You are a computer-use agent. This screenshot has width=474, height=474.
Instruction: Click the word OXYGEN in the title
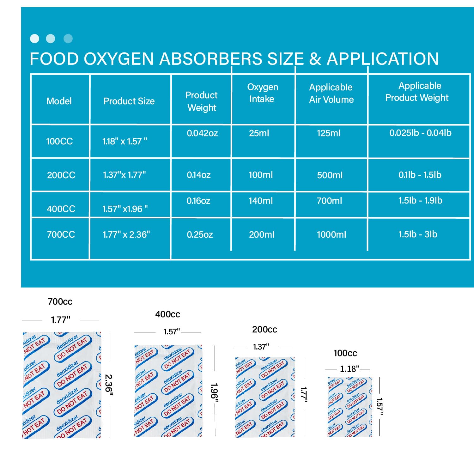coord(119,59)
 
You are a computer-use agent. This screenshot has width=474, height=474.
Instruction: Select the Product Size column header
coord(129,101)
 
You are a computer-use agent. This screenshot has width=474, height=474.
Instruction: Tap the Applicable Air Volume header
coord(331,93)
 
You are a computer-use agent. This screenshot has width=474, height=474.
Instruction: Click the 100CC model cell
coord(59,141)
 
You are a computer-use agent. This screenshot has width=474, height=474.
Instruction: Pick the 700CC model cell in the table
coord(61,234)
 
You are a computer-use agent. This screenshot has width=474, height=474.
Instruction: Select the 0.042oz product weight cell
coord(202,133)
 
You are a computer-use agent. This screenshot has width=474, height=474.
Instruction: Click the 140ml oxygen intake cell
coord(261,201)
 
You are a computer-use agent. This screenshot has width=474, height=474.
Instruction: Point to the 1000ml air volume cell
coord(331,234)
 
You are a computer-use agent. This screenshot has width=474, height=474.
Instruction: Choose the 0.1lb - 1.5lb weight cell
coord(420,175)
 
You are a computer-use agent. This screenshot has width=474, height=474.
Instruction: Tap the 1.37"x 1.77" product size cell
coord(124,175)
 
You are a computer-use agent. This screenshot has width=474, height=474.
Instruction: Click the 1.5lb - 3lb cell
coord(418,234)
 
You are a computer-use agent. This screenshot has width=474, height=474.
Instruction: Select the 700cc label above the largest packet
coord(60,302)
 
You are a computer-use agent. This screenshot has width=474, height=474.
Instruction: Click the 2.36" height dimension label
coord(109,385)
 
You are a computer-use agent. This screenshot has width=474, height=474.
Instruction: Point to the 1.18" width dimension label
coord(349,369)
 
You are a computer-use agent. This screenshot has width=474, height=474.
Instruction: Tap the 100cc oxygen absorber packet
coord(350,407)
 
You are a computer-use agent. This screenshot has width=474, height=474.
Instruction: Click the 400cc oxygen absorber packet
coord(168,391)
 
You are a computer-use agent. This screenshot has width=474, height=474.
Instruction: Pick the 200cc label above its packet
coord(264,330)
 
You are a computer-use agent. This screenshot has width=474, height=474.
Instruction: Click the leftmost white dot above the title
coord(34,39)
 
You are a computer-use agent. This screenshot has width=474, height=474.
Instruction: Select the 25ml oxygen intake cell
coord(259,133)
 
